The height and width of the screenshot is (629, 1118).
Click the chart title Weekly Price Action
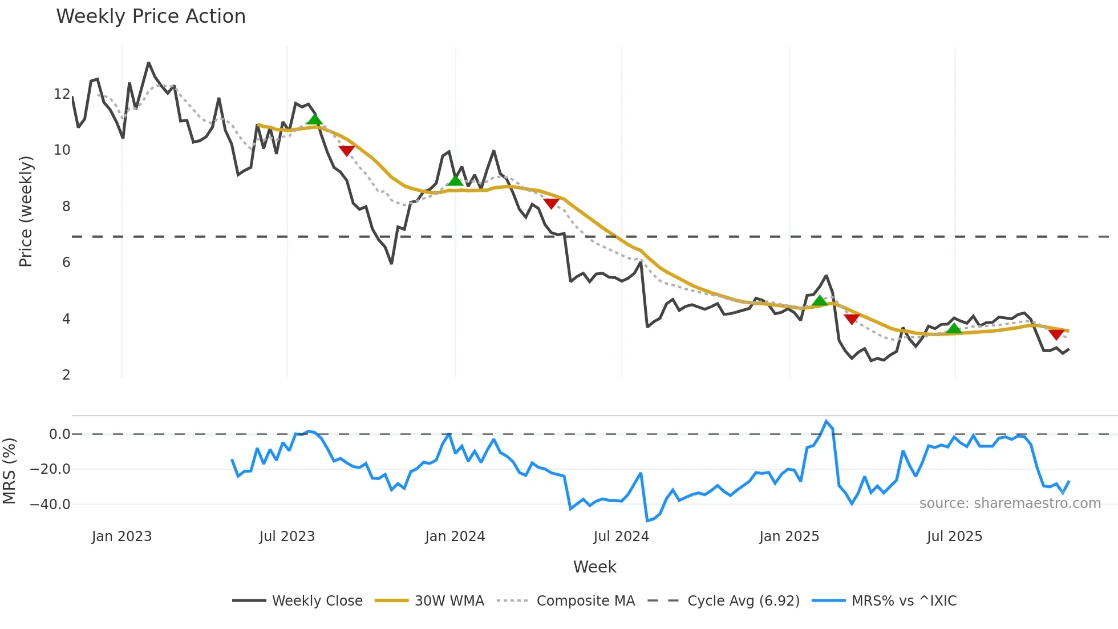click(151, 17)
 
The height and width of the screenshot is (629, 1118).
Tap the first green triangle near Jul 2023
click(314, 119)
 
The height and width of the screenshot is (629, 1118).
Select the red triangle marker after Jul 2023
click(347, 151)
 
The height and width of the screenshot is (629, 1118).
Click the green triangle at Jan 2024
click(455, 180)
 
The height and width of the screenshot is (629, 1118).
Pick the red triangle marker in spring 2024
click(551, 203)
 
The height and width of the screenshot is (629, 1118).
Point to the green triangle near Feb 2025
click(820, 301)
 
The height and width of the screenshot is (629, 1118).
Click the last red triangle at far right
click(1056, 334)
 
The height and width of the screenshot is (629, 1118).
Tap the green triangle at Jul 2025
click(954, 329)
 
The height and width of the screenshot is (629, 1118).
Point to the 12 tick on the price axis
click(62, 94)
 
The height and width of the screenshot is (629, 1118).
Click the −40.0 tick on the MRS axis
click(50, 505)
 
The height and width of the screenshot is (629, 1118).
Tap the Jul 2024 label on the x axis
click(621, 537)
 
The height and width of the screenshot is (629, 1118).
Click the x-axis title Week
click(594, 567)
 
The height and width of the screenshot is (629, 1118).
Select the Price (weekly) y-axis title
click(26, 211)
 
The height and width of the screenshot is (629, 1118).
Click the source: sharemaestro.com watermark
click(1010, 503)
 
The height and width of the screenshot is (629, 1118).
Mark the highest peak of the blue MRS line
click(826, 421)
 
